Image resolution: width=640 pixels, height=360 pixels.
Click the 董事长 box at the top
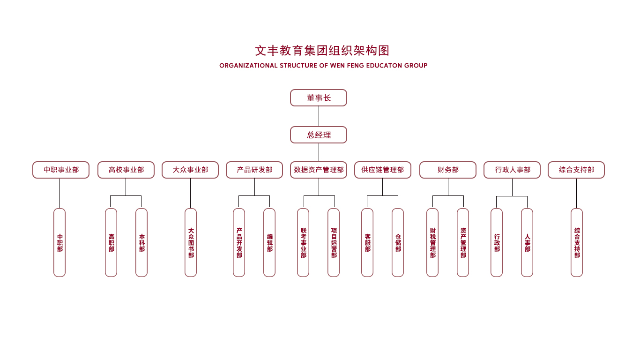(x=319, y=98)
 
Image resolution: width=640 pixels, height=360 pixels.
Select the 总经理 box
(x=319, y=135)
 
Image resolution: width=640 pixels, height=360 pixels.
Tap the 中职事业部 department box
(x=61, y=170)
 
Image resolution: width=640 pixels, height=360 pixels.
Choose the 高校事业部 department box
(x=126, y=170)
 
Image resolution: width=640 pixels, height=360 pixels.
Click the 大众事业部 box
(x=190, y=170)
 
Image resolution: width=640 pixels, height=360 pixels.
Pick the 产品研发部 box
(x=254, y=170)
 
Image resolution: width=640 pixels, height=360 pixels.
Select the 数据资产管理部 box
(x=319, y=170)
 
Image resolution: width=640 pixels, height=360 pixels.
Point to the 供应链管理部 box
(x=383, y=170)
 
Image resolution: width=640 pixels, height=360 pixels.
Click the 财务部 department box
(x=448, y=170)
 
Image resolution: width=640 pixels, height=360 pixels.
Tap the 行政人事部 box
(x=512, y=170)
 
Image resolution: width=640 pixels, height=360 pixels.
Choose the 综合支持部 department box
(x=576, y=170)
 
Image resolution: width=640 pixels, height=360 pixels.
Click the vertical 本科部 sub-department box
(x=141, y=242)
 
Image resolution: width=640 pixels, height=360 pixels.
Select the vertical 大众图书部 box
(x=191, y=242)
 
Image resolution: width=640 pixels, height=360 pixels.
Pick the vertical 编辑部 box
(x=269, y=242)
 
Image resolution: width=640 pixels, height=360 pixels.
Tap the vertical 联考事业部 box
(x=303, y=242)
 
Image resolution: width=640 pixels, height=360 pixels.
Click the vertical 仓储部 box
(x=398, y=242)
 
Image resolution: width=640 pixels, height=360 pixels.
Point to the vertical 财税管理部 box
(x=432, y=242)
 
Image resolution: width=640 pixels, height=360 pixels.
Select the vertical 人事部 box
(x=527, y=242)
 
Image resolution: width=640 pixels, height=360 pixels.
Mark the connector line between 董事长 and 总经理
(x=319, y=116)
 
